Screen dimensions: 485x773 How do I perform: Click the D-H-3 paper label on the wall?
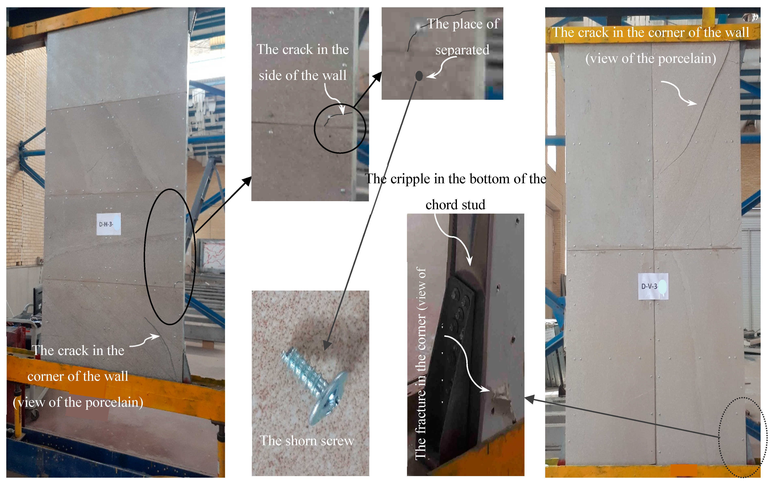click(109, 224)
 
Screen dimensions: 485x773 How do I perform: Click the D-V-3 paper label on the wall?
click(653, 286)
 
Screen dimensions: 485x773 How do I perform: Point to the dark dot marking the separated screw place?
click(419, 76)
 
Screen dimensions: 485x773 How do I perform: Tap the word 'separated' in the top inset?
click(462, 50)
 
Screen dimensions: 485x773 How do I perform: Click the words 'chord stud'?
click(455, 205)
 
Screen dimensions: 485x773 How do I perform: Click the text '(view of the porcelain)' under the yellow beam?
click(650, 58)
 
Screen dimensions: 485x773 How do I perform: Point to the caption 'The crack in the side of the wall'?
click(303, 62)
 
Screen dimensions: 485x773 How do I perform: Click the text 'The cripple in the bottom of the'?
click(455, 179)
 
